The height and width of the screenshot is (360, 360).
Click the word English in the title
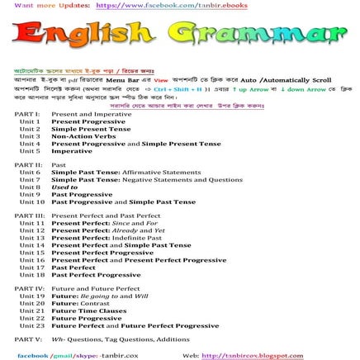pyautogui.click(x=82, y=35)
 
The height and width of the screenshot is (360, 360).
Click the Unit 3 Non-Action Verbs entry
pyautogui.click(x=78, y=136)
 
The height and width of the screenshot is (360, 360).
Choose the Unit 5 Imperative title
pyautogui.click(x=72, y=151)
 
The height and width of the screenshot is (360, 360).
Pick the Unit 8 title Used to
pyautogui.click(x=64, y=187)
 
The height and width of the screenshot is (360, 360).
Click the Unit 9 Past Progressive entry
pyautogui.click(x=82, y=194)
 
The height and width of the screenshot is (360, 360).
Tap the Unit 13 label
pyautogui.click(x=31, y=238)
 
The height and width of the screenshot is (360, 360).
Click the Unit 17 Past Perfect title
pyautogui.click(x=73, y=268)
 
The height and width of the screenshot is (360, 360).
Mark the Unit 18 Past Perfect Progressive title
pyautogui.click(x=96, y=275)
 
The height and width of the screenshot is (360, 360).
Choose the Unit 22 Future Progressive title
pyautogui.click(x=86, y=318)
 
